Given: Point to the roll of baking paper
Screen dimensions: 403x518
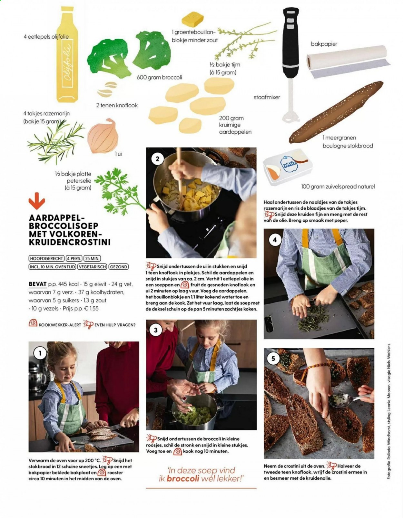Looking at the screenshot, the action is coord(348,63).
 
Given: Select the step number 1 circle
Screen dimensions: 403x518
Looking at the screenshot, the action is coord(40,353).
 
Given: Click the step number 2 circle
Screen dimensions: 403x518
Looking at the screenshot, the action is coord(157,159).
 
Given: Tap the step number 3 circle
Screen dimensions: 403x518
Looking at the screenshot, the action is coord(156,330).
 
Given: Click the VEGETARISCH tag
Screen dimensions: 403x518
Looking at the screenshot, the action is coord(92,266).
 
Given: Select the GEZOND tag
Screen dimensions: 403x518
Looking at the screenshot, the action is coord(118,266).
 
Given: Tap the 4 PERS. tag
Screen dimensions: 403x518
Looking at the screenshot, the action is coord(74,258).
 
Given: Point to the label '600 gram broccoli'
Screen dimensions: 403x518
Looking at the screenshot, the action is coord(159,77).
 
